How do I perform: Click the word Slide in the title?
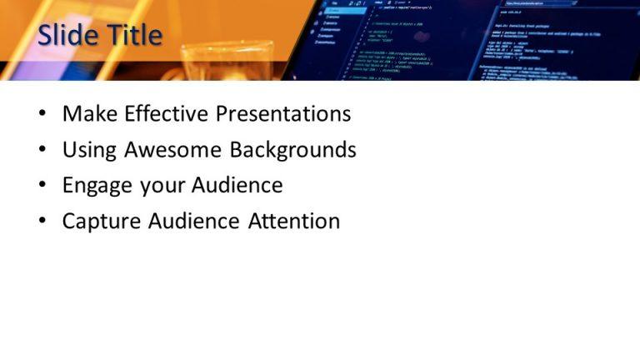coord(67,35)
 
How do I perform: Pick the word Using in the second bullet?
coord(89,150)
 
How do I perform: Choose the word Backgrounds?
coord(293,150)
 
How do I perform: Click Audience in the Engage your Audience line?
coord(237,185)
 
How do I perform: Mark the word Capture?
coord(102,222)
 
